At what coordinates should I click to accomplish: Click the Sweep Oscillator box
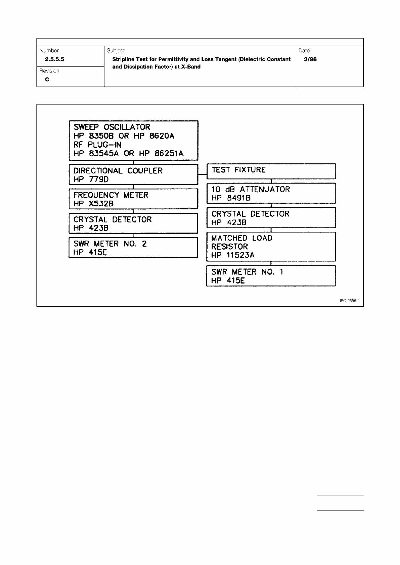(x=133, y=140)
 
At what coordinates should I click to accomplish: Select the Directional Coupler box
(x=133, y=174)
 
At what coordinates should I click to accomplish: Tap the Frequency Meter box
(x=133, y=199)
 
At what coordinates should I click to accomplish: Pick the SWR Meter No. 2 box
(x=133, y=248)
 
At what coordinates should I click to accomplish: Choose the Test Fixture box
(x=271, y=171)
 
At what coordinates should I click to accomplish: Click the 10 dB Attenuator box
(x=271, y=193)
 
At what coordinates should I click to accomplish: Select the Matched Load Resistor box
(x=271, y=247)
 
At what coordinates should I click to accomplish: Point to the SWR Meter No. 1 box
(x=271, y=276)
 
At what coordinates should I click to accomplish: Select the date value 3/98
(x=310, y=59)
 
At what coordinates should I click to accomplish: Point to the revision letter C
(x=47, y=80)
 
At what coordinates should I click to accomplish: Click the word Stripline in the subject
(x=123, y=59)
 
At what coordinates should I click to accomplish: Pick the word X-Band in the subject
(x=191, y=67)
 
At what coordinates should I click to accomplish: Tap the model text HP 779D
(x=91, y=179)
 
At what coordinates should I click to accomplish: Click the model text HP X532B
(x=93, y=204)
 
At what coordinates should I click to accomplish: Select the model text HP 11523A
(x=233, y=255)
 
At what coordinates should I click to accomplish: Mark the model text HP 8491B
(x=231, y=198)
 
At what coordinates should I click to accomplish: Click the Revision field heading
(x=49, y=71)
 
